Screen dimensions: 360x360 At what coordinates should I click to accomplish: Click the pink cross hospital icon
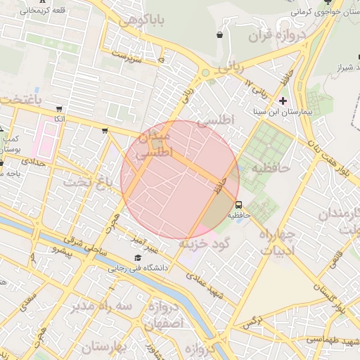tap(283, 101)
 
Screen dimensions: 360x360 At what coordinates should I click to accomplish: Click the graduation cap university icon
tap(137, 258)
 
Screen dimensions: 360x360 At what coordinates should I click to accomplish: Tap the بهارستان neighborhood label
tap(106, 347)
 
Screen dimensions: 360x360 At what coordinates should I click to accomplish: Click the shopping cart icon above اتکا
tap(59, 109)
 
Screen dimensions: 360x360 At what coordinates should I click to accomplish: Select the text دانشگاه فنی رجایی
tap(136, 268)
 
